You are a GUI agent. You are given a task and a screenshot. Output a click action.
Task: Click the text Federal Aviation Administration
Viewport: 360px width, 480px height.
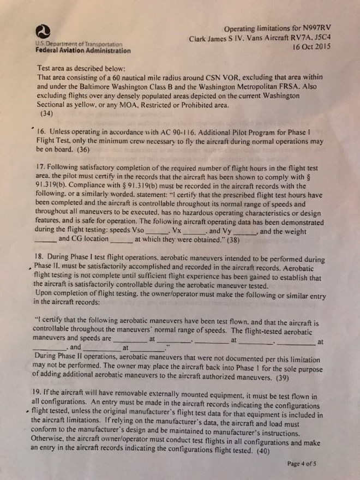coord(83,51)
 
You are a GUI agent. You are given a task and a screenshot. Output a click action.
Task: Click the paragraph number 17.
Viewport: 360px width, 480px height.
coord(40,166)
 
